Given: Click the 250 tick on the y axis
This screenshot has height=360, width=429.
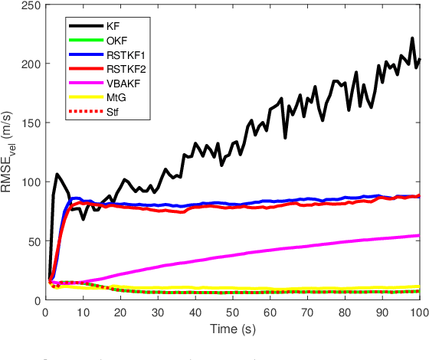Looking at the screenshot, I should [x=30, y=6].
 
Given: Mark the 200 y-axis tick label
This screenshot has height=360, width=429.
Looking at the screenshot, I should [x=30, y=65].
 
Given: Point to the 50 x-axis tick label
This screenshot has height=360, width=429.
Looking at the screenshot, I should [x=232, y=313].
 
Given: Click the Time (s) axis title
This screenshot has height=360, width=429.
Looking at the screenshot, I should [x=232, y=329].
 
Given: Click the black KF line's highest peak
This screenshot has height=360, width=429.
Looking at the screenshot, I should [x=412, y=38].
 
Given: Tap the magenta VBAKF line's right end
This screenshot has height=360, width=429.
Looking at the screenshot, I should [x=419, y=235].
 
